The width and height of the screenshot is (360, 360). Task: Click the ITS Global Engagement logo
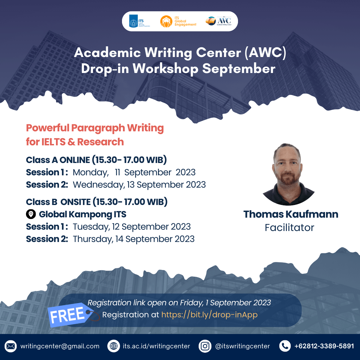[178, 21]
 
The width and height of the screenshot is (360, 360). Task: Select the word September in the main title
[239, 69]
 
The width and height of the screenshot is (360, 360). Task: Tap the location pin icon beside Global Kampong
[31, 214]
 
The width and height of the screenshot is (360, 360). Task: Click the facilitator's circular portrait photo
[289, 174]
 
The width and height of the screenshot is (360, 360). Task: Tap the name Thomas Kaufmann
[291, 214]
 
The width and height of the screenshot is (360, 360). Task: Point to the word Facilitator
[289, 228]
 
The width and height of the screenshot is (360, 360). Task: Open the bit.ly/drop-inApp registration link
[209, 315]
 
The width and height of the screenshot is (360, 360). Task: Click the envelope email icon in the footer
[11, 346]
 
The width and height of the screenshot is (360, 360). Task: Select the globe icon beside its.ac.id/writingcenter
[114, 346]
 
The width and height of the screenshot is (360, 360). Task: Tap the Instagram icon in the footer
[205, 346]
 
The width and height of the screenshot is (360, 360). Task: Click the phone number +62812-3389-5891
[324, 346]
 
